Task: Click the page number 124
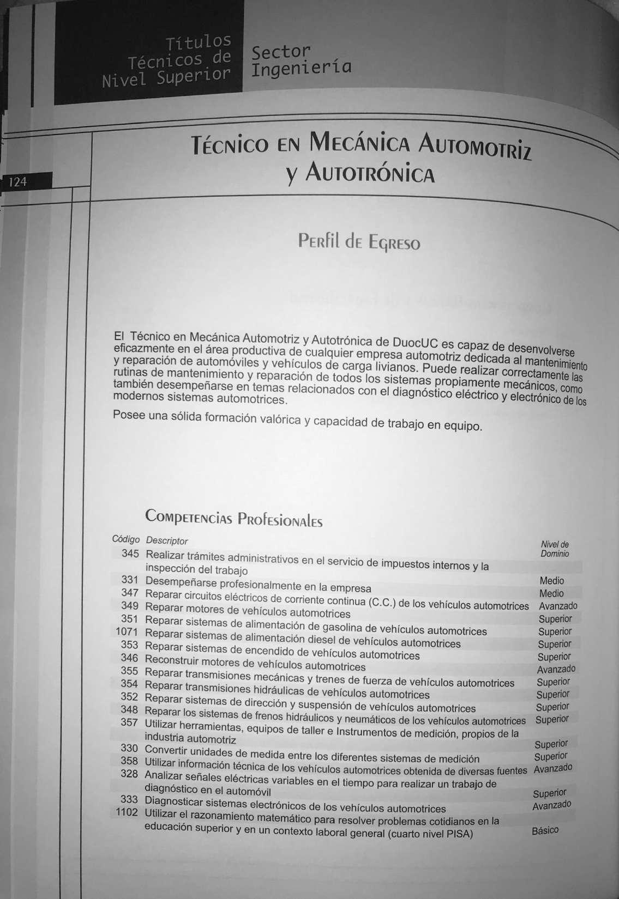pyautogui.click(x=18, y=181)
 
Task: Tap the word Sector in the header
pyautogui.click(x=280, y=52)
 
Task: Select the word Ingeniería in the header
pyautogui.click(x=302, y=69)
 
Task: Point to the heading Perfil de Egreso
pyautogui.click(x=359, y=241)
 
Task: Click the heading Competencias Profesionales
pyautogui.click(x=233, y=518)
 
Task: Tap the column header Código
pyautogui.click(x=125, y=539)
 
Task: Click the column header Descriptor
pyautogui.click(x=167, y=540)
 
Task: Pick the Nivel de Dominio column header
pyautogui.click(x=555, y=549)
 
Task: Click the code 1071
pyautogui.click(x=127, y=632)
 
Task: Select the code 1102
pyautogui.click(x=127, y=812)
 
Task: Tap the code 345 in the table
pyautogui.click(x=130, y=554)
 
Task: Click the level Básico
pyautogui.click(x=545, y=830)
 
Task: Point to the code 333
pyautogui.click(x=129, y=799)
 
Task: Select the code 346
pyautogui.click(x=130, y=658)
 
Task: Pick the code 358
pyautogui.click(x=129, y=761)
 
